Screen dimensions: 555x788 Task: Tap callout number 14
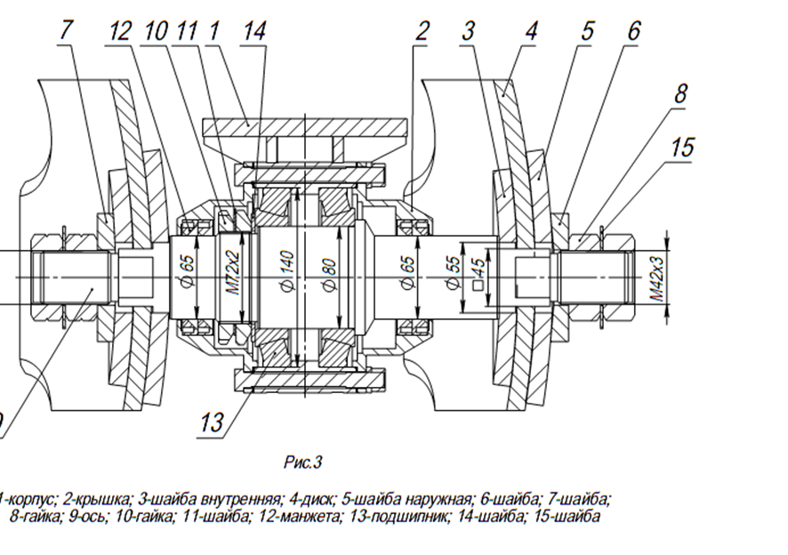pyautogui.click(x=253, y=30)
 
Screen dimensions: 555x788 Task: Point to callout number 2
pyautogui.click(x=421, y=30)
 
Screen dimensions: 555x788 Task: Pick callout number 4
pyautogui.click(x=530, y=30)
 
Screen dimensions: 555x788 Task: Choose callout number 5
pyautogui.click(x=587, y=30)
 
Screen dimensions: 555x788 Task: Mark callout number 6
pyautogui.click(x=633, y=30)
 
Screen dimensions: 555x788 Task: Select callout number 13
pyautogui.click(x=211, y=422)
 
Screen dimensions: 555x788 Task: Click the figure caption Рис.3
pyautogui.click(x=302, y=462)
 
